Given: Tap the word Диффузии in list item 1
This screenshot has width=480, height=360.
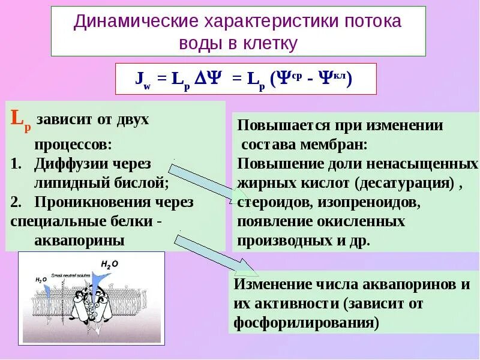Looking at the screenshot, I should [66, 163].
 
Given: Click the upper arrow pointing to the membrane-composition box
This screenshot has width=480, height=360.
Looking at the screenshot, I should [204, 181].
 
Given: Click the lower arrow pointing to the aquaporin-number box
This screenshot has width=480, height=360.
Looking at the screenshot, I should [216, 252].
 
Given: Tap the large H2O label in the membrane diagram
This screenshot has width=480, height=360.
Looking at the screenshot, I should [110, 263].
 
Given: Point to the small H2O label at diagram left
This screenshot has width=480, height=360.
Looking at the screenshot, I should [41, 280].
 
